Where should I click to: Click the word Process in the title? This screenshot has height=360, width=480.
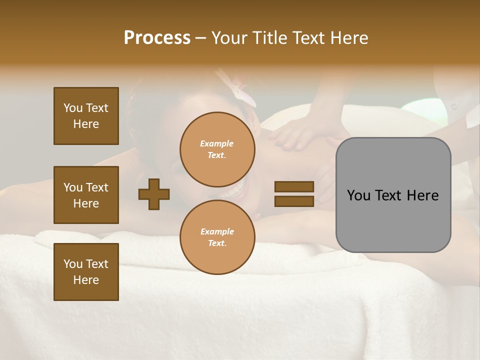point(157,38)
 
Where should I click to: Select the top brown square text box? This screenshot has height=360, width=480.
point(86,116)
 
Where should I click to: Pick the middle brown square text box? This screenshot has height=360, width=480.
point(86,195)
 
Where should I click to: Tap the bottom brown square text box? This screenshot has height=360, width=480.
point(86,271)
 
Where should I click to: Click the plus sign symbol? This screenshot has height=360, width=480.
point(153,194)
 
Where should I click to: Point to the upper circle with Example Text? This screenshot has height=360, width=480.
point(217,149)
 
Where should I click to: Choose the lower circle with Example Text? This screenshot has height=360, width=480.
point(217,237)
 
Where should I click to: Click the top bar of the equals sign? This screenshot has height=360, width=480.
point(294,186)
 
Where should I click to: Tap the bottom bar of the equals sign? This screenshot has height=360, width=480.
point(294,201)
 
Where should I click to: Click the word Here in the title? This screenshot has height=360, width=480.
point(350,38)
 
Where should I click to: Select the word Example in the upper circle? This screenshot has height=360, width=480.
point(217,143)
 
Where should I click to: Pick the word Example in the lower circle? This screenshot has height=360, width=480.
point(217,231)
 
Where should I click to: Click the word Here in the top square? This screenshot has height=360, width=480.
point(86,124)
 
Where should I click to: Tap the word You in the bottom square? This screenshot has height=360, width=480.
point(73,264)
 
